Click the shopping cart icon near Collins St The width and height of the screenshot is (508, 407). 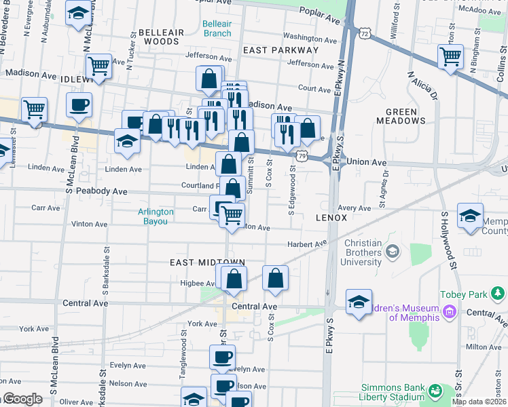point(451,56)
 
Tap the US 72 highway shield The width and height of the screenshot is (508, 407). point(365,33)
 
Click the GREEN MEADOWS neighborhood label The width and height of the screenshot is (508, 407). point(405,116)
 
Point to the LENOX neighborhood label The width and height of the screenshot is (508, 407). point(331,218)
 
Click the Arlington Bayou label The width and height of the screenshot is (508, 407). point(156,216)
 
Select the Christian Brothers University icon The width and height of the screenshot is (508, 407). point(393,252)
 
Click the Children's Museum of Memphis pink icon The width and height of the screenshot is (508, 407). point(449,313)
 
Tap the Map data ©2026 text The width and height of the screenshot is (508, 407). point(479,402)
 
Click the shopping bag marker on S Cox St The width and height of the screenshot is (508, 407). point(275,278)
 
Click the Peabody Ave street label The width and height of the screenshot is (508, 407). point(101,192)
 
